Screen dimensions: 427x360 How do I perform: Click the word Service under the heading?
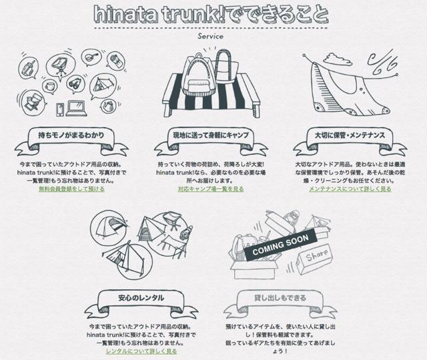tap(211, 36)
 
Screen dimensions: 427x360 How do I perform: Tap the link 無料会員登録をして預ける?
tap(71, 189)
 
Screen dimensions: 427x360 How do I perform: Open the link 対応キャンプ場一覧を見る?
tap(211, 189)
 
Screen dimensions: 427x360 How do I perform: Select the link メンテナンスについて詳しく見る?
tap(350, 189)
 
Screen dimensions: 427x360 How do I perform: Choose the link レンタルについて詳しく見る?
tap(141, 351)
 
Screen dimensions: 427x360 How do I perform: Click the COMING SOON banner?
tap(280, 244)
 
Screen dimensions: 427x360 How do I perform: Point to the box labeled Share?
tap(314, 258)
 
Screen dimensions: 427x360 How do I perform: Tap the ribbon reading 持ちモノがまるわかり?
tap(71, 141)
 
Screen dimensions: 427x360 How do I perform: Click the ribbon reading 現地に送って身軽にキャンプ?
tap(211, 141)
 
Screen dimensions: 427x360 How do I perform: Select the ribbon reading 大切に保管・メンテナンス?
tap(350, 141)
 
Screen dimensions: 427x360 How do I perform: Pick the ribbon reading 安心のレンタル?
tap(141, 303)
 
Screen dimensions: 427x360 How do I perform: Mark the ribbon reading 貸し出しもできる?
tap(280, 303)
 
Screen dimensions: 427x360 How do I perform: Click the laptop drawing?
tap(77, 108)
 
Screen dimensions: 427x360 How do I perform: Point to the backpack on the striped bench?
tap(197, 74)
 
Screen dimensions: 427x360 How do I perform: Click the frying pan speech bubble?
tap(91, 58)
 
